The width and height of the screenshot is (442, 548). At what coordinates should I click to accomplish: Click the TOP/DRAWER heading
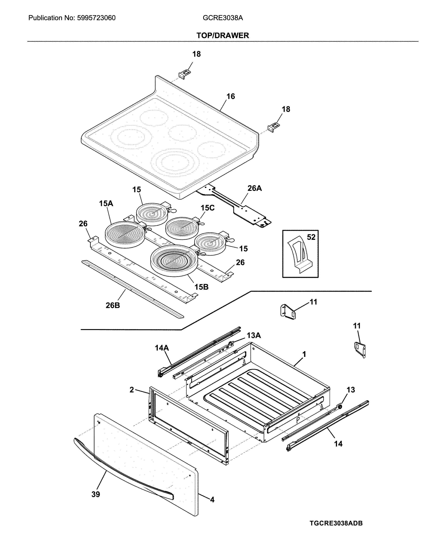[223, 35]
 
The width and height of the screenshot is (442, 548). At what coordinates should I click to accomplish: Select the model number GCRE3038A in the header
[223, 18]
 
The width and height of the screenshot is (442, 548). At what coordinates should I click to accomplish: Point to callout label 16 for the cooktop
[231, 96]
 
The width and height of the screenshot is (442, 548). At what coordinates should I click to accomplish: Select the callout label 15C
[208, 208]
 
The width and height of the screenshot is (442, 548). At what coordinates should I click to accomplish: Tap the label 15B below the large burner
[201, 287]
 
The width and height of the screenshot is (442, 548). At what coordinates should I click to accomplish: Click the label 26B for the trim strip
[113, 305]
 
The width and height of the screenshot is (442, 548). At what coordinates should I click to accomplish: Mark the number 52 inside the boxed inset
[311, 237]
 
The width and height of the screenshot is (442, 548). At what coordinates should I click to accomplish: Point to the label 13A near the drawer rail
[254, 335]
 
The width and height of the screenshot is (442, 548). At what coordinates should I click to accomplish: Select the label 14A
[162, 348]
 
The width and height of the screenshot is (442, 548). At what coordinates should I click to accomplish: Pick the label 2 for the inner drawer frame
[132, 390]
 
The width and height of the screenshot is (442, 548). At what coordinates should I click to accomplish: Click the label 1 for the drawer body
[304, 354]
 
